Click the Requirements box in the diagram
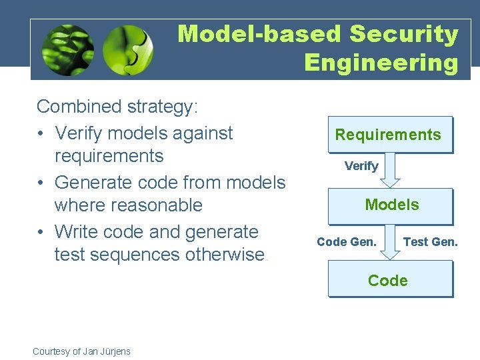click(x=389, y=135)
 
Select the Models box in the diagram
click(x=391, y=205)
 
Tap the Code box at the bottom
click(x=389, y=280)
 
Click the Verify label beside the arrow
click(x=361, y=166)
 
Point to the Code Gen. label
click(x=347, y=242)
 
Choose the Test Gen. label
click(x=431, y=242)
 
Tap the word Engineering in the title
click(x=381, y=63)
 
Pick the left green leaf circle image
click(x=67, y=51)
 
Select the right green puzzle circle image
click(x=128, y=51)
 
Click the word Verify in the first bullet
click(x=79, y=133)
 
